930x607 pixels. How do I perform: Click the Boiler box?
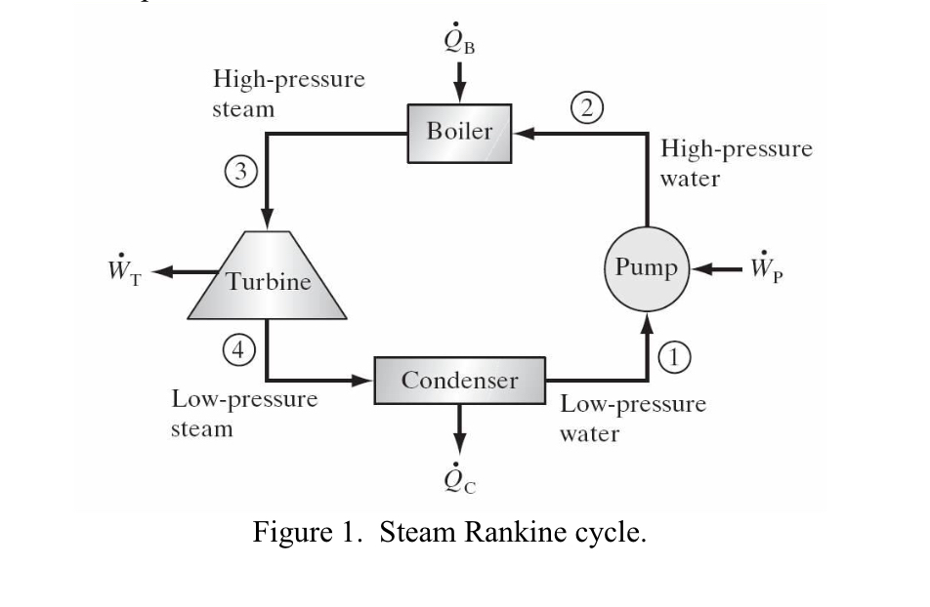tap(459, 132)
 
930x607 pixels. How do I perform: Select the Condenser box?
tap(460, 381)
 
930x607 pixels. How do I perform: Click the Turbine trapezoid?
tap(269, 281)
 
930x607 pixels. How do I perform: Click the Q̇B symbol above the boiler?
tap(458, 42)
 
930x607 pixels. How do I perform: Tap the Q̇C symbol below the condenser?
tap(460, 477)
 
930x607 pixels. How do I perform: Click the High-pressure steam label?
tap(288, 94)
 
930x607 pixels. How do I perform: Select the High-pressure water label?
tap(736, 164)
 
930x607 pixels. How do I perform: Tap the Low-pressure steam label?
tap(244, 414)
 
